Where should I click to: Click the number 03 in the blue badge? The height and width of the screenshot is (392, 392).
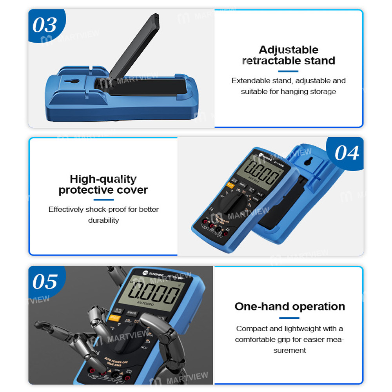pyautogui.click(x=45, y=25)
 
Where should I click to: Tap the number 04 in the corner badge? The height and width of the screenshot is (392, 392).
pyautogui.click(x=347, y=153)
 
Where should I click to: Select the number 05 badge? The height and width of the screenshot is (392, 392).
pyautogui.click(x=45, y=281)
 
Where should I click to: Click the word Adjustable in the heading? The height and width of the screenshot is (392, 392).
pyautogui.click(x=289, y=50)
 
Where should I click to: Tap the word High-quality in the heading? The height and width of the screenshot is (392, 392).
pyautogui.click(x=103, y=179)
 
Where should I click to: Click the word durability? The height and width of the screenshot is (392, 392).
pyautogui.click(x=103, y=220)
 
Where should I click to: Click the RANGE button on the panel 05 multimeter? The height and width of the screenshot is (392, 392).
pyautogui.click(x=132, y=313)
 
